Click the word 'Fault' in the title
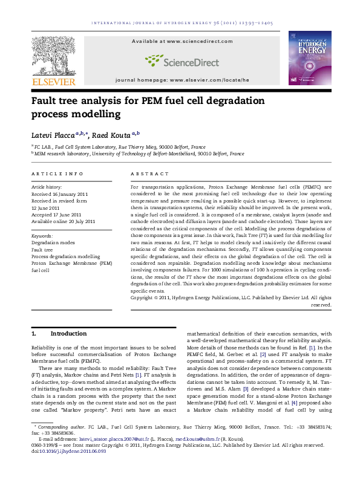(47, 100)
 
